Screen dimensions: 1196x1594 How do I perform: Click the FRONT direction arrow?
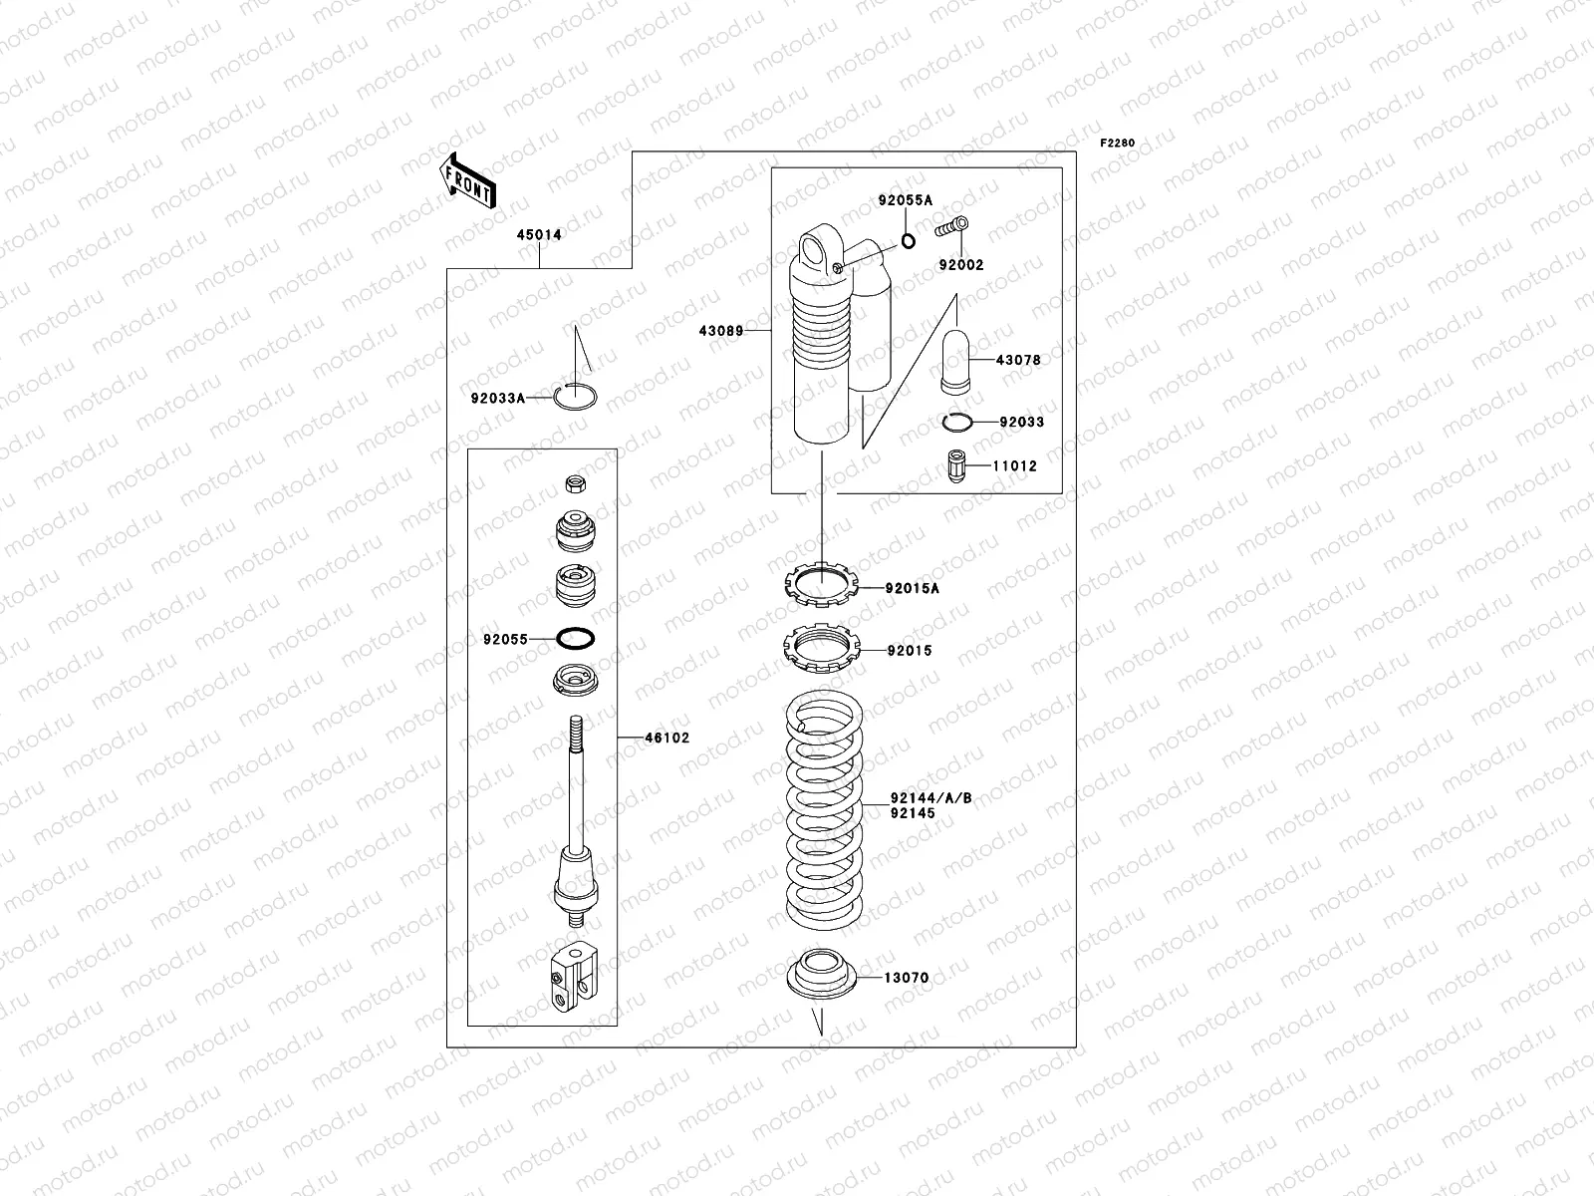point(467,179)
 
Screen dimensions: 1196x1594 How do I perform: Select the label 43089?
point(723,330)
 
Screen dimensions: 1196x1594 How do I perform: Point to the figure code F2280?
point(1117,144)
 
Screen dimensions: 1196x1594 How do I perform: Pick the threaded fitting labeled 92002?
point(952,229)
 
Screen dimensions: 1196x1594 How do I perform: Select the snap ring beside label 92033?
point(956,423)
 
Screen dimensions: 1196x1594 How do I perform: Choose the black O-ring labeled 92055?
point(576,638)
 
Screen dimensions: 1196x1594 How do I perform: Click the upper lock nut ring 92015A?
point(821,583)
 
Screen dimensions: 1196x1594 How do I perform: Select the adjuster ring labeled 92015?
point(821,648)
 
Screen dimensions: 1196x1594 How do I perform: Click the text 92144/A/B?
point(931,797)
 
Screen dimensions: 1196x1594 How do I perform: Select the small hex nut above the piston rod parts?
point(575,483)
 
